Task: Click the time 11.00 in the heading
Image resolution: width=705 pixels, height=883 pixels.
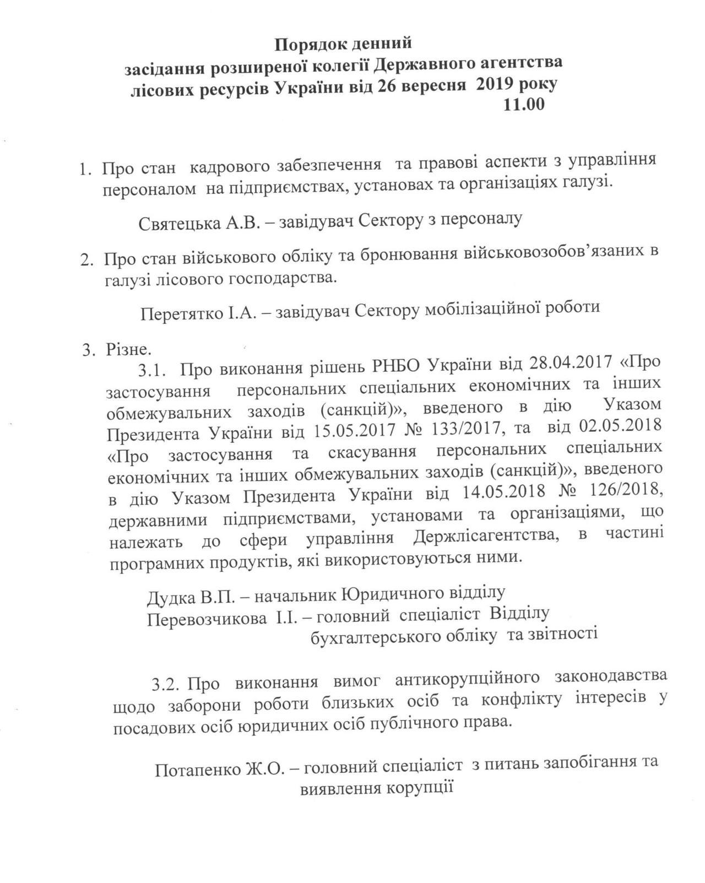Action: coord(524,104)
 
